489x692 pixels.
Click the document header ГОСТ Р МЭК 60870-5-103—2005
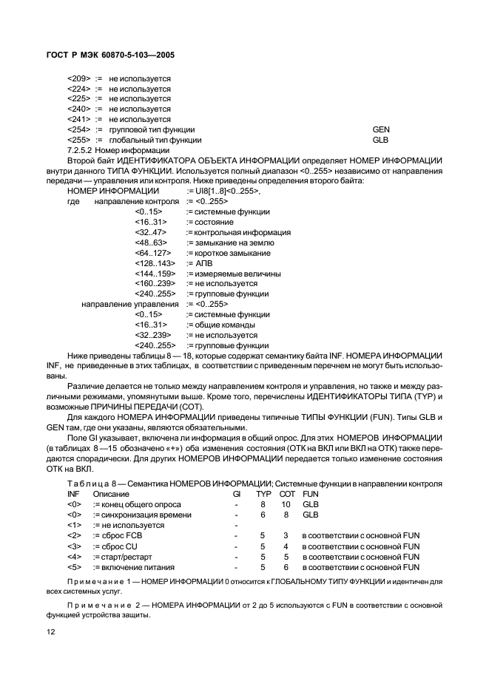pos(106,55)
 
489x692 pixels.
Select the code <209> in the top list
pos(78,78)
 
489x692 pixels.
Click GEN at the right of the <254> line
pos(381,129)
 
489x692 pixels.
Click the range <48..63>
pos(151,242)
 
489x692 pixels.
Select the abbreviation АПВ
pos(203,263)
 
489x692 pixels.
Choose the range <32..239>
pos(153,335)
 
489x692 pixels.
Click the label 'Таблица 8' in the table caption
pos(92,483)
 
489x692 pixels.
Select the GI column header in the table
pos(237,493)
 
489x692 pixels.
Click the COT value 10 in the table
pos(286,503)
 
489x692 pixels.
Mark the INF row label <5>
pos(74,566)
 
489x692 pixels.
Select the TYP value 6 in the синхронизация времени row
pos(263,514)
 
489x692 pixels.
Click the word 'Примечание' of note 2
pos(96,605)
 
